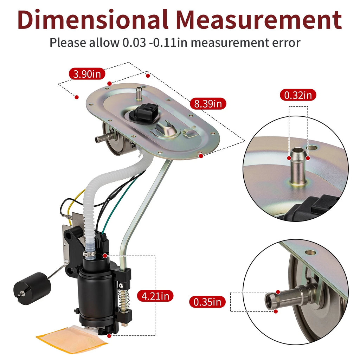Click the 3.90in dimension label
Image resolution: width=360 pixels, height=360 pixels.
tap(87, 74)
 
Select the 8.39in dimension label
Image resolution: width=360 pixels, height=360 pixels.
tap(208, 104)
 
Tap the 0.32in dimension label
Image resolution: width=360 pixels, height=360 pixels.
tap(298, 95)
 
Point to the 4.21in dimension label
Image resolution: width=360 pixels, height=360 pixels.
tap(155, 296)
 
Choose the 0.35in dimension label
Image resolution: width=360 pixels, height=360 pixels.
tap(207, 302)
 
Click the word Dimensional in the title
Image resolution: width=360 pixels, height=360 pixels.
tap(93, 20)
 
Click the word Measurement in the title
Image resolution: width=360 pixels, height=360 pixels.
tap(259, 20)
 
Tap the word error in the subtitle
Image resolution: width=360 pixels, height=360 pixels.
tap(286, 43)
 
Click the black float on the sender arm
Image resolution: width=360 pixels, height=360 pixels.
tap(32, 288)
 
